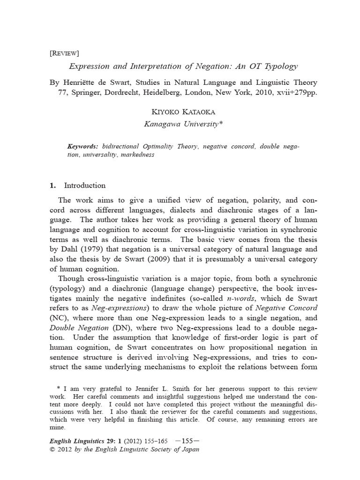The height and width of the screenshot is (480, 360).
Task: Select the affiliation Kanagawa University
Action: (181, 124)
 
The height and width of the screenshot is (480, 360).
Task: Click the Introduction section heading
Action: (84, 185)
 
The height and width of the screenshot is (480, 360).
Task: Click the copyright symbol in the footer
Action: (52, 450)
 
